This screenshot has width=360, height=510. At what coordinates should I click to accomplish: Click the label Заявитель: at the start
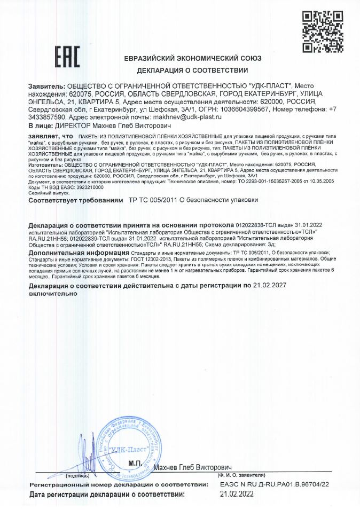pyautogui.click(x=45, y=86)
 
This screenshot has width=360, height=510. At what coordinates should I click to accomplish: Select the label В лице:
pyautogui.click(x=40, y=126)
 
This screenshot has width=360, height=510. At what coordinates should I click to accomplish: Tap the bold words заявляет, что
pyautogui.click(x=47, y=137)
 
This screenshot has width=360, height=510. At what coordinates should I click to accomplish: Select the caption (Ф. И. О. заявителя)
pyautogui.click(x=241, y=474)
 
